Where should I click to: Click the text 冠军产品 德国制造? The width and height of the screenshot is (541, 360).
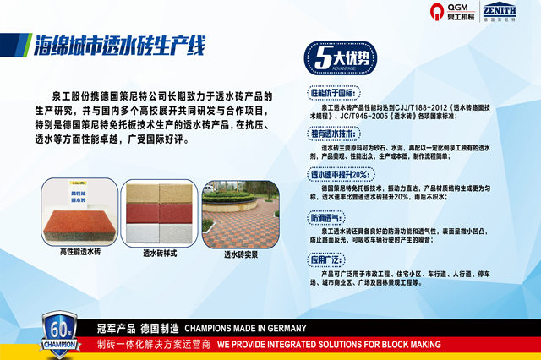click(137, 328)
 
